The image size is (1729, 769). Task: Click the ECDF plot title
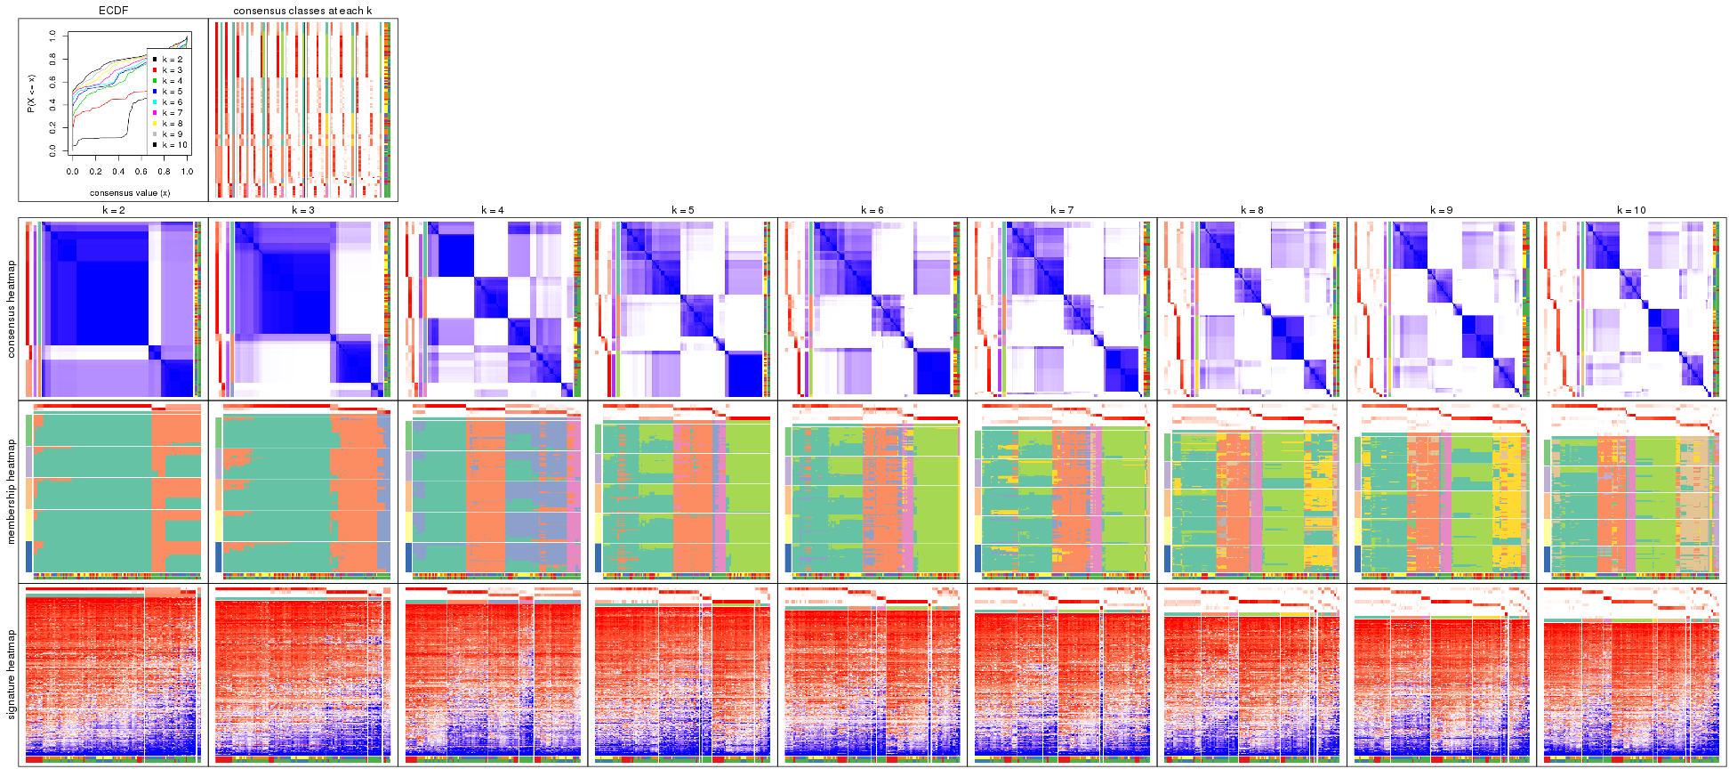click(113, 11)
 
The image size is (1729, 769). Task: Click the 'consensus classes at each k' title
click(302, 11)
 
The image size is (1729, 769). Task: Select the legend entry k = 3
click(172, 70)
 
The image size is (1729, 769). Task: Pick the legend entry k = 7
click(172, 113)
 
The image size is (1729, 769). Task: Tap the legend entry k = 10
click(173, 145)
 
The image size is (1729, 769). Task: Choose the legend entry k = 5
click(172, 92)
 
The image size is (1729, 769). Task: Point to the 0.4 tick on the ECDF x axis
click(118, 172)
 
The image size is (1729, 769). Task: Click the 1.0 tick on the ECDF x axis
click(187, 172)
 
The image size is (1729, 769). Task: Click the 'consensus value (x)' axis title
click(130, 192)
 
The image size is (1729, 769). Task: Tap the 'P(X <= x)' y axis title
click(31, 93)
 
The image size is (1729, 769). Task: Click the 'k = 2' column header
click(113, 210)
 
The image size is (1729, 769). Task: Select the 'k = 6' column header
click(873, 210)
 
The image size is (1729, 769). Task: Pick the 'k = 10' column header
click(1631, 210)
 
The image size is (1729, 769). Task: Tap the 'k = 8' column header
click(1251, 210)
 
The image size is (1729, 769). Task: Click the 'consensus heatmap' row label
click(12, 309)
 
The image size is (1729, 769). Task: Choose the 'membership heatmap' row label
click(12, 490)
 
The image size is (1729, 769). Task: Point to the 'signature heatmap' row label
click(12, 675)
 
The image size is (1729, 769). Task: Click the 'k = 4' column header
click(493, 210)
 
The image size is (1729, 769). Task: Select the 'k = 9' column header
click(1442, 210)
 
